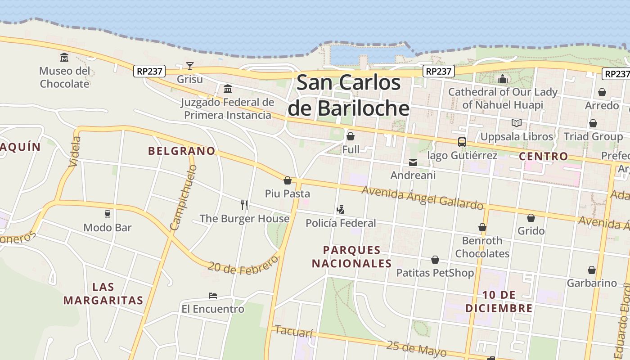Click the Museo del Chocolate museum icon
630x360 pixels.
pyautogui.click(x=64, y=58)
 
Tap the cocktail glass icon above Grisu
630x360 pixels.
pyautogui.click(x=190, y=67)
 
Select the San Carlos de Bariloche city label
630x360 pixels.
pyautogui.click(x=349, y=95)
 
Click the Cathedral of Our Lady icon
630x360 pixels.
pyautogui.click(x=503, y=80)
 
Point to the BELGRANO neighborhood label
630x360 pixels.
pyautogui.click(x=182, y=151)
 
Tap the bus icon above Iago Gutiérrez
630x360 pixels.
pyautogui.click(x=462, y=142)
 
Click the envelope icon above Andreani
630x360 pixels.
pyautogui.click(x=413, y=162)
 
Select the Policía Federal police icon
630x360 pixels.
pyautogui.click(x=341, y=210)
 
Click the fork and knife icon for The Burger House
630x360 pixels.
pyautogui.click(x=244, y=205)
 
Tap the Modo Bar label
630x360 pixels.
pyautogui.click(x=108, y=228)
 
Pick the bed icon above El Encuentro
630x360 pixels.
pyautogui.click(x=213, y=296)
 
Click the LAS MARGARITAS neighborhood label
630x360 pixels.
pyautogui.click(x=103, y=293)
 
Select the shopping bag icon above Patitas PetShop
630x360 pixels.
pyautogui.click(x=435, y=260)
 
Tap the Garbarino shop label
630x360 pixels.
pyautogui.click(x=592, y=283)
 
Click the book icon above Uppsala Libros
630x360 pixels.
pyautogui.click(x=516, y=123)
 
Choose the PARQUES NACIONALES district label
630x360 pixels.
pyautogui.click(x=352, y=256)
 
